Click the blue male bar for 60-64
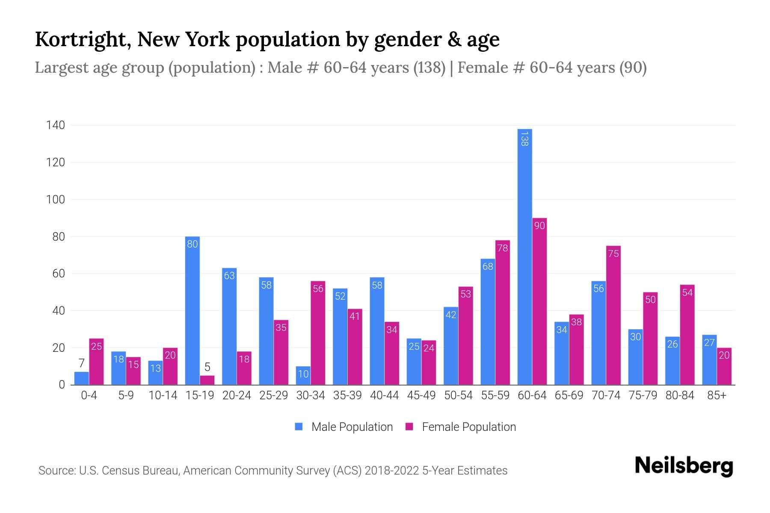coord(524,256)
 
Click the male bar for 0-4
coord(81,378)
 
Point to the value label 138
coord(524,139)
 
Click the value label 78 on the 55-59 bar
coord(503,248)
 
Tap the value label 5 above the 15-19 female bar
coord(207,367)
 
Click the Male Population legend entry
coord(344,427)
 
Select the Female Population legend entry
coord(461,427)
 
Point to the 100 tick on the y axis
coord(56,200)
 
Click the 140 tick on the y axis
coord(56,125)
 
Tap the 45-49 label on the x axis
coord(421,395)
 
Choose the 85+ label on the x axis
coord(717,395)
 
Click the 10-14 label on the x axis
coord(163,395)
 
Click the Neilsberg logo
coord(684,466)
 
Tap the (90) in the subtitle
coord(633,68)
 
